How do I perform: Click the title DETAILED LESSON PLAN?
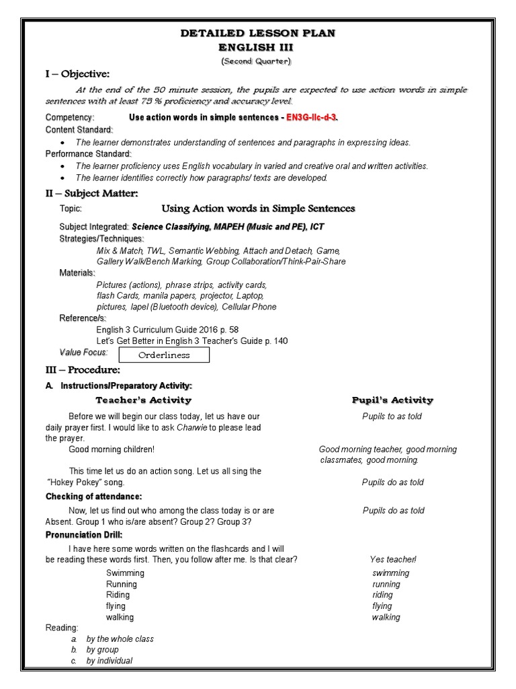[x=259, y=33]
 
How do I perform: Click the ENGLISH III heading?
[x=259, y=47]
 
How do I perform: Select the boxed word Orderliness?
[x=164, y=355]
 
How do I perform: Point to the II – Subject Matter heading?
[x=91, y=194]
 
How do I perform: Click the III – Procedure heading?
[x=83, y=370]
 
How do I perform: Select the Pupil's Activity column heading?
[x=392, y=400]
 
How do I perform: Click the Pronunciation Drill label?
[x=84, y=535]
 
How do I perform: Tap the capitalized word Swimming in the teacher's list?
[x=125, y=573]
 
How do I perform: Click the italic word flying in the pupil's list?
[x=382, y=606]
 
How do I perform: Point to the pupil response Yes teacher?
[x=393, y=560]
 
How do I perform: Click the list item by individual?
[x=109, y=661]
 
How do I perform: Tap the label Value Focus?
[x=83, y=352]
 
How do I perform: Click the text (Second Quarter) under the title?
[x=258, y=61]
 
